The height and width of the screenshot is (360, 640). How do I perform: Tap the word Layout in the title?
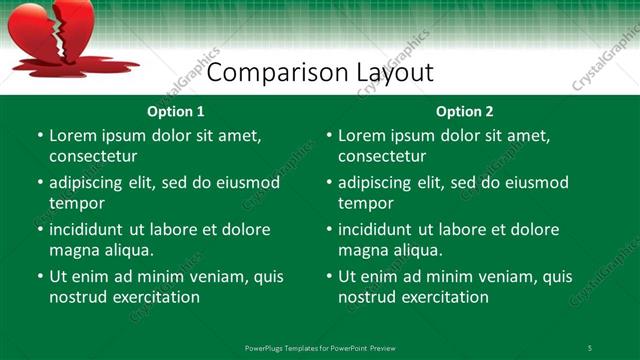point(395,73)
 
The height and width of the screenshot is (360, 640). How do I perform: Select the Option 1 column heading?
point(175,111)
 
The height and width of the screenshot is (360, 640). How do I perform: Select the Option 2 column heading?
point(464,111)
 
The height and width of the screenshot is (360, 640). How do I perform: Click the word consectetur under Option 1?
point(93,157)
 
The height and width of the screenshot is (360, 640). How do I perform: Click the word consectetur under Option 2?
point(382,157)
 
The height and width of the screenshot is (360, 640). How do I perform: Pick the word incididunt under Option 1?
point(93,229)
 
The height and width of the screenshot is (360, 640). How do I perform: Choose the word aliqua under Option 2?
point(418,250)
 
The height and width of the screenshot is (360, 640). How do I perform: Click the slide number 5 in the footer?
point(589,347)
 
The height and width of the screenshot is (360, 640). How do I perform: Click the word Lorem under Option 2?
point(362,135)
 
